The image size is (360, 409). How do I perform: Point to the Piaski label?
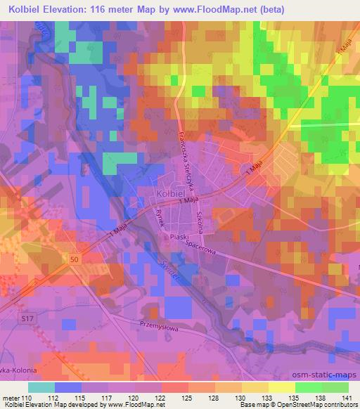(x=176, y=238)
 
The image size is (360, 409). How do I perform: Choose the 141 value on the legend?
(x=348, y=396)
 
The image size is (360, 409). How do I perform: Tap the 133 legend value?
(x=269, y=396)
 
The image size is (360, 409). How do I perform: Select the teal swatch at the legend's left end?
(x=41, y=387)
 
